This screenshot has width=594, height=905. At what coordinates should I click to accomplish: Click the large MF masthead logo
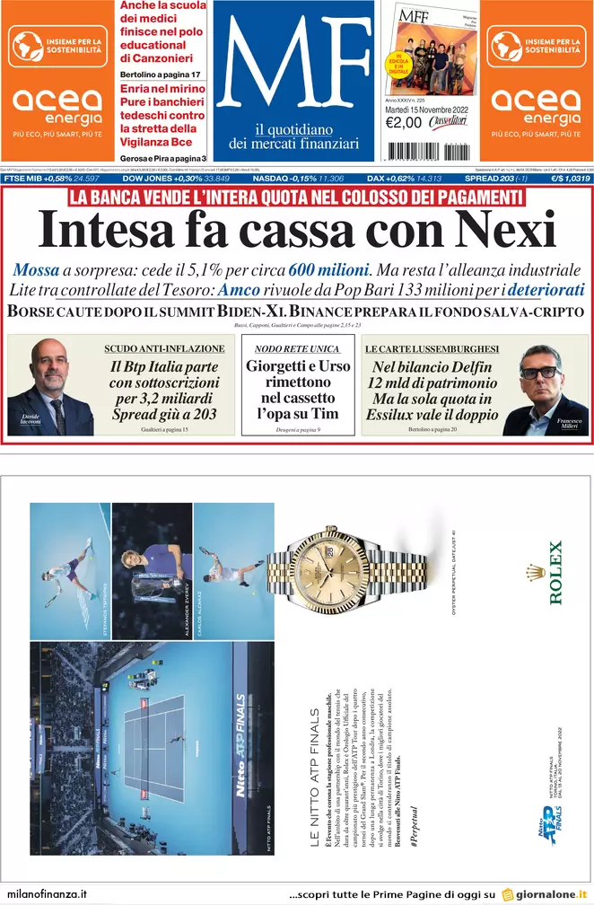293,63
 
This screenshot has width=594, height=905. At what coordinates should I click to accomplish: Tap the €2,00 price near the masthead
404,123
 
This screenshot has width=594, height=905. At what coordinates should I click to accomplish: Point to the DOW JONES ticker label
147,179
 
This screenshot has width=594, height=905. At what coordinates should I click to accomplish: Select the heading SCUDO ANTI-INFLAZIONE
164,347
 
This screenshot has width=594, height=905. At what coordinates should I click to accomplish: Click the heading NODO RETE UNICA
296,347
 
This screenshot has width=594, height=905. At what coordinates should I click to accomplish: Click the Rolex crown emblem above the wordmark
537,573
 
